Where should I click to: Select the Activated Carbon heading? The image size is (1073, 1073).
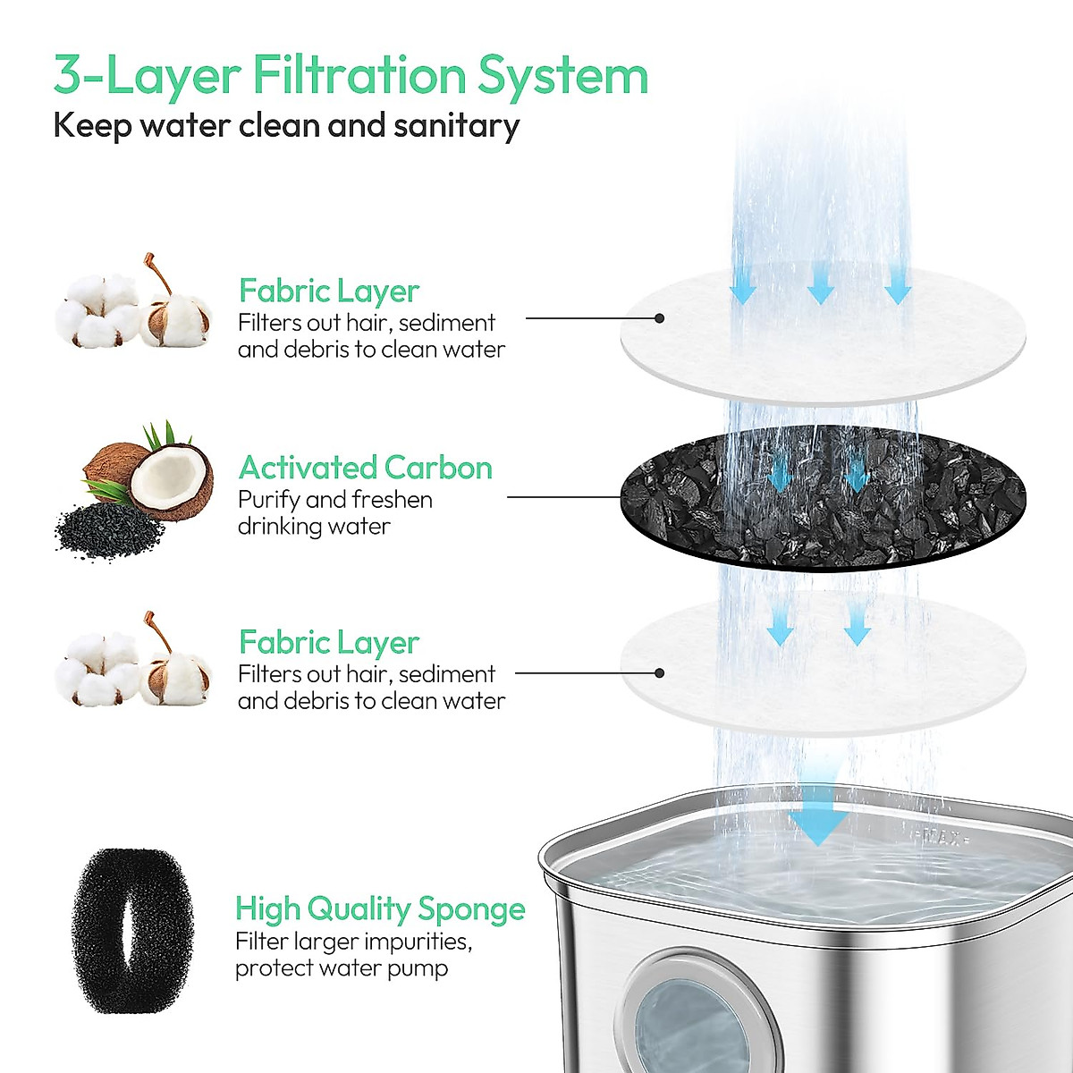pyautogui.click(x=365, y=468)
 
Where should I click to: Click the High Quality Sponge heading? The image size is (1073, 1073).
pyautogui.click(x=380, y=908)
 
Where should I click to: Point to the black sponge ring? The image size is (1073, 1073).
pyautogui.click(x=132, y=931)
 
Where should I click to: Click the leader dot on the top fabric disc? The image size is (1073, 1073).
pyautogui.click(x=659, y=318)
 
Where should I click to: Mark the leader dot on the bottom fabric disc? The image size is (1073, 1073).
pyautogui.click(x=659, y=673)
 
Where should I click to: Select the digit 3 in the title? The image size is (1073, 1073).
pyautogui.click(x=70, y=75)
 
